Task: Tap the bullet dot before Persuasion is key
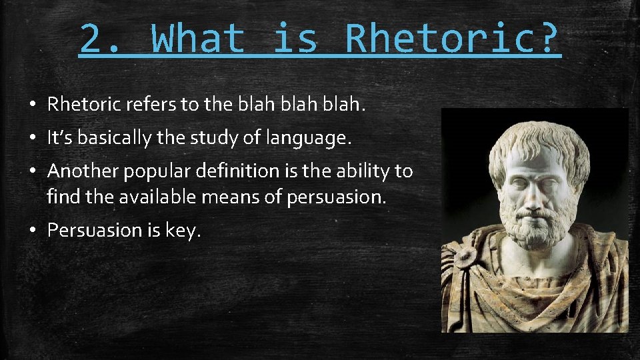(32, 231)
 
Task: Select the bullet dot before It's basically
(32, 139)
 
